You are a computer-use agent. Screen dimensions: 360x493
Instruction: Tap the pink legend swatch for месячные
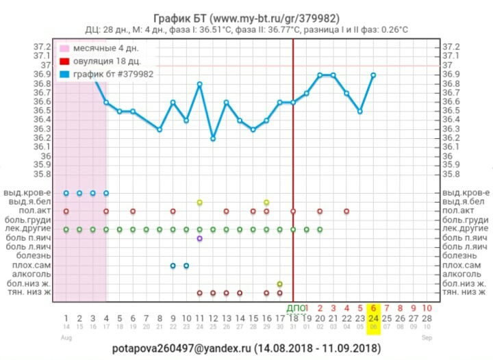(64, 49)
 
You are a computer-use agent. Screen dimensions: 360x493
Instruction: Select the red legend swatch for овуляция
(64, 62)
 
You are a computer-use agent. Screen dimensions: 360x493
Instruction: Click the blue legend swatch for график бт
(64, 74)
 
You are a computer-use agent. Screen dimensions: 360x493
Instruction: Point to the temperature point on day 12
(213, 138)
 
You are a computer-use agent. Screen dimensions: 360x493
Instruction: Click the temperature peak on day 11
(199, 84)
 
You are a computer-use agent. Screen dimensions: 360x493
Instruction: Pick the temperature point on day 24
(373, 75)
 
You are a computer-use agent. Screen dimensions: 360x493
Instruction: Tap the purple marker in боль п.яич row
(199, 238)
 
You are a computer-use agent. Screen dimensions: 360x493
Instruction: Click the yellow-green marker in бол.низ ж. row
(279, 283)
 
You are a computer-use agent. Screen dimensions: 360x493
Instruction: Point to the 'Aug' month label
(66, 337)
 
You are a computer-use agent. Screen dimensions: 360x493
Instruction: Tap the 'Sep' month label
(427, 337)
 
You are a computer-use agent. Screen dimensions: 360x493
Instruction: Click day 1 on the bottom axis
(66, 318)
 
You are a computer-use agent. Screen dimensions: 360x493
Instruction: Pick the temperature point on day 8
(160, 129)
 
